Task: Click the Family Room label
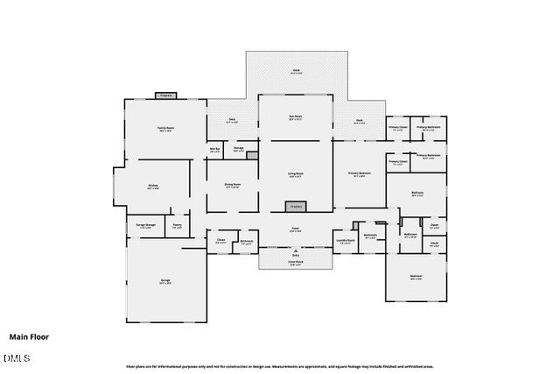[x=164, y=129]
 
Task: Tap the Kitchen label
[x=152, y=186]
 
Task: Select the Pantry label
[x=177, y=226]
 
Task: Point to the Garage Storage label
[x=145, y=226]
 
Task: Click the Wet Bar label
[x=214, y=150]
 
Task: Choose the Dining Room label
[x=232, y=185]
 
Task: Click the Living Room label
[x=296, y=175]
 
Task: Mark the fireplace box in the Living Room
[x=296, y=207]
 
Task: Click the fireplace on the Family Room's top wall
[x=166, y=95]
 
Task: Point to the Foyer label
[x=296, y=229]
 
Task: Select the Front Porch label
[x=296, y=261]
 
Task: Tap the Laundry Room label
[x=345, y=241]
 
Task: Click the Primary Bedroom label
[x=360, y=174]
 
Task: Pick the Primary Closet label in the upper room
[x=397, y=129]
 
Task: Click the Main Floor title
[x=29, y=336]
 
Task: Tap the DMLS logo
[x=17, y=357]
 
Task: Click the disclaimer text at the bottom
[x=280, y=366]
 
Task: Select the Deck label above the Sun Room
[x=296, y=72]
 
